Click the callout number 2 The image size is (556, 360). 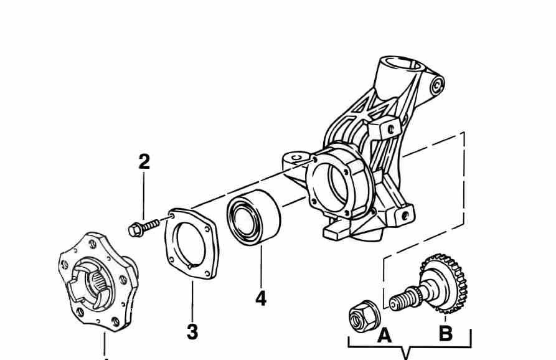[144, 162]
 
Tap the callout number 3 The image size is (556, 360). [192, 332]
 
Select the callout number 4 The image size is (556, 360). [261, 298]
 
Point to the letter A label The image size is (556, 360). [384, 335]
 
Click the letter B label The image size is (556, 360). [446, 333]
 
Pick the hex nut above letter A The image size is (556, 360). [364, 316]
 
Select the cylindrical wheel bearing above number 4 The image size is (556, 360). [253, 217]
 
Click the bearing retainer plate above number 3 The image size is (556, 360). [192, 244]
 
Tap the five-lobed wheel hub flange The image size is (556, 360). [98, 282]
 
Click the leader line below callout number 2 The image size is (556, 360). [144, 196]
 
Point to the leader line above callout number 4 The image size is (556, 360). [261, 266]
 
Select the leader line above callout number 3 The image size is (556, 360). [192, 301]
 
